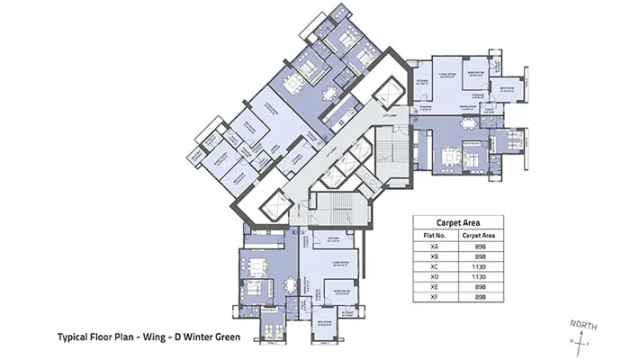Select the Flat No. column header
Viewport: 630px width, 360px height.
435,235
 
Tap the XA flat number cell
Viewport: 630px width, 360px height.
435,247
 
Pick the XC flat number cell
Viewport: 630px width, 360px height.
435,267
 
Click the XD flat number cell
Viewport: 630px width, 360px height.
435,278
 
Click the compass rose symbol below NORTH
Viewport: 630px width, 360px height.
579,340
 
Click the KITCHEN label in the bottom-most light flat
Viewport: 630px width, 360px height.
332,239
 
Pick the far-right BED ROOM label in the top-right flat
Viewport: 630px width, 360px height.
507,87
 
